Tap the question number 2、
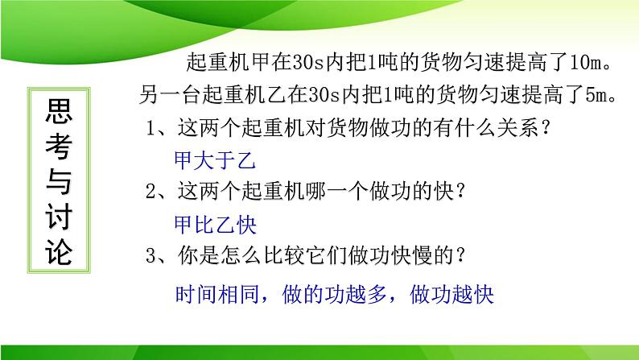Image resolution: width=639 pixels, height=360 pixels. click(x=156, y=191)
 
